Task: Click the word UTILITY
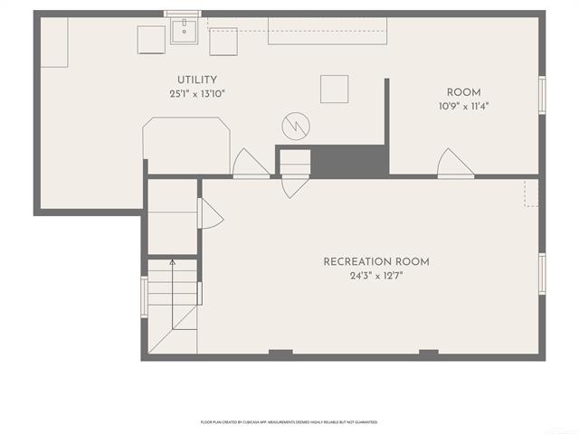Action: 196,80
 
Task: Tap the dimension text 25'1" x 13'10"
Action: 196,94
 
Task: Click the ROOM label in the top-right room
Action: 463,92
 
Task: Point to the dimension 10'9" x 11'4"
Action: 463,106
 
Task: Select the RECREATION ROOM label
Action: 376,262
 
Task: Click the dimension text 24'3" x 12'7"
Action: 376,276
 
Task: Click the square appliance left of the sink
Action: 151,40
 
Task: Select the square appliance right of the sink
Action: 223,41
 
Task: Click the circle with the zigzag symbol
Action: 296,123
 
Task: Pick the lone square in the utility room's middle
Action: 334,88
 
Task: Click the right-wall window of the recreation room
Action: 541,273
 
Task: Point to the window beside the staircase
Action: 143,297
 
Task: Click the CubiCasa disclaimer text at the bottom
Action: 289,422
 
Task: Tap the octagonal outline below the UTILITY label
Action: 185,144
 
